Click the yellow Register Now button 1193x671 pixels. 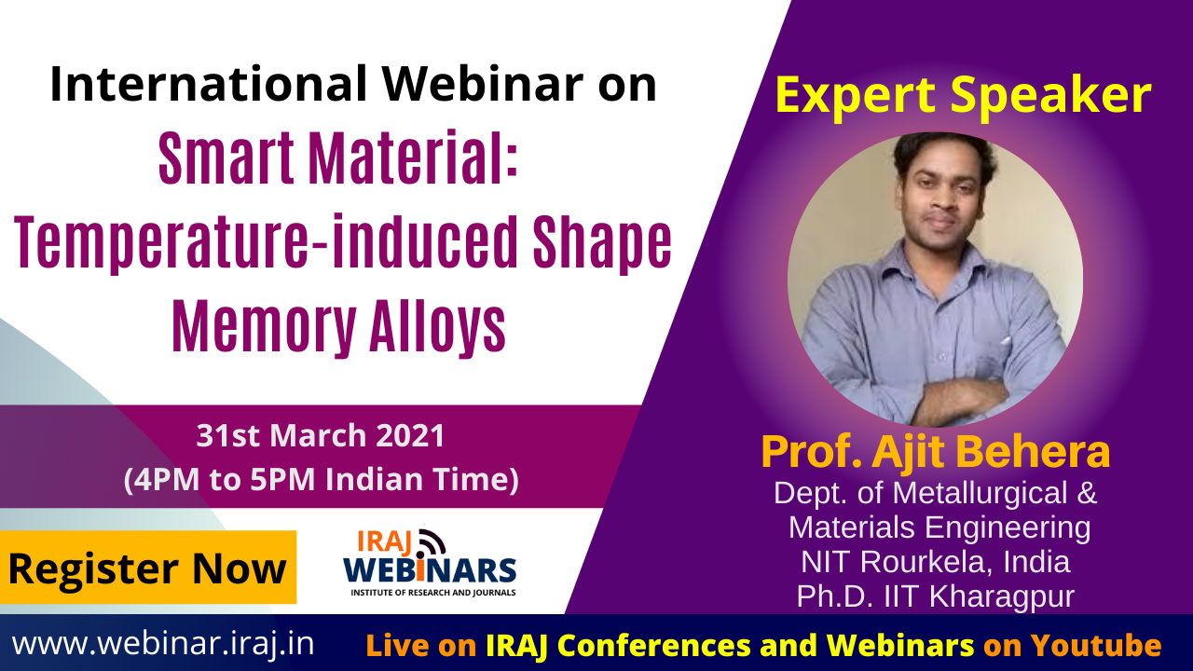tap(148, 568)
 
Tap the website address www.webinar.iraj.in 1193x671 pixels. tap(163, 644)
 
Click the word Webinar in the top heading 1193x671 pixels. tap(482, 84)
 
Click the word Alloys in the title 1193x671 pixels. tap(437, 326)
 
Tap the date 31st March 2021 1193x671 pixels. tap(321, 435)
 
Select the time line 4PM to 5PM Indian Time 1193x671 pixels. tap(322, 479)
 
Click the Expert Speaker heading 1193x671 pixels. tap(963, 96)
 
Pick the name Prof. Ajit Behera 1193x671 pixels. tap(936, 452)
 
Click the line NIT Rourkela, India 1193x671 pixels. tap(936, 562)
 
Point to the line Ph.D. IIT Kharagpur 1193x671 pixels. tap(936, 596)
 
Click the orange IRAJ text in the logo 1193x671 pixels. tap(385, 541)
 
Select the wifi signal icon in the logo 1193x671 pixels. tap(432, 542)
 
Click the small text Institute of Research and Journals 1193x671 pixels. tap(433, 592)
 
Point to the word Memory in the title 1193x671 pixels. tap(264, 326)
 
